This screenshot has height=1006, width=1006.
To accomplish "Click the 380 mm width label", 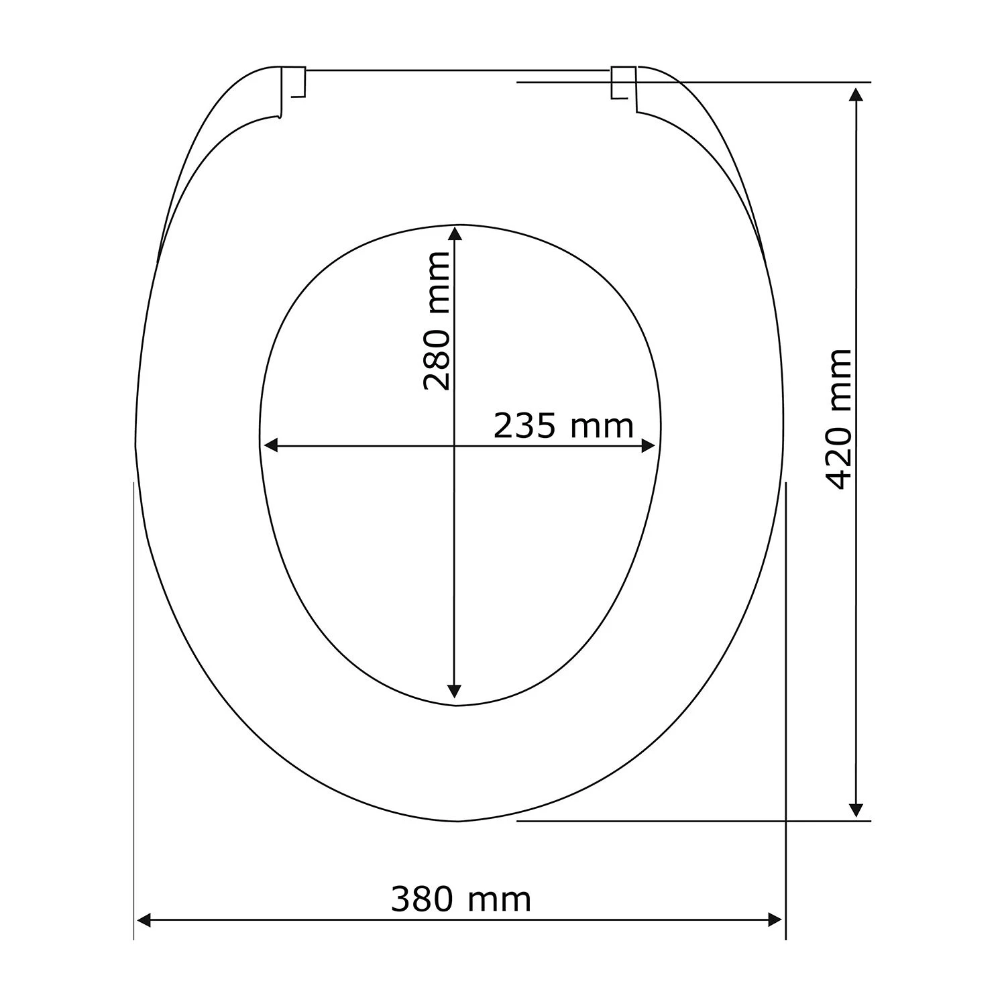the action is click(461, 899).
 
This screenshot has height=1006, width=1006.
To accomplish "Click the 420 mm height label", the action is click(839, 419).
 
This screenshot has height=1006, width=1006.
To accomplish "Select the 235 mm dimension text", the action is click(563, 425).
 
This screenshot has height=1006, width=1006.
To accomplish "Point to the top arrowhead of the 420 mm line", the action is click(856, 93).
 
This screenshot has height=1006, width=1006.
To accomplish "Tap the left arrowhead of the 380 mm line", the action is click(144, 920).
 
